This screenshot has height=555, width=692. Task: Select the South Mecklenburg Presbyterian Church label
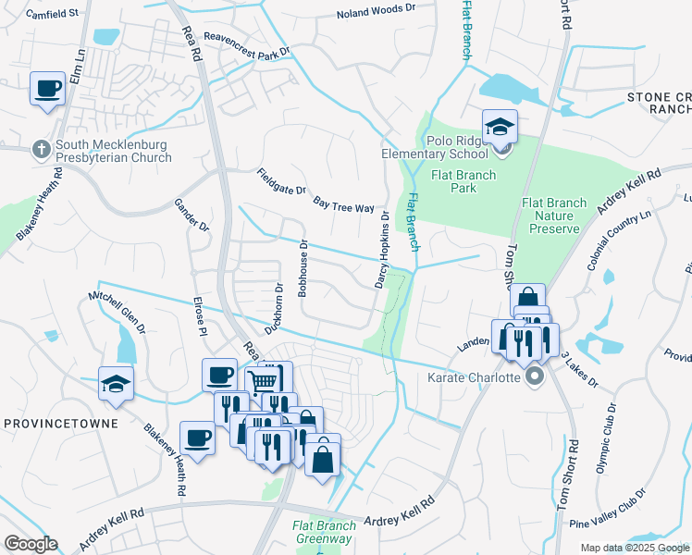pos(113,151)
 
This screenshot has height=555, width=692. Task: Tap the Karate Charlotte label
pos(472,377)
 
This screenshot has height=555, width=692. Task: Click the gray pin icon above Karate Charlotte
pos(534,377)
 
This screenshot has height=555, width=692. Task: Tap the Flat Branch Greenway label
pos(324,532)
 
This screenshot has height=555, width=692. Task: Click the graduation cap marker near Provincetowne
pos(116,384)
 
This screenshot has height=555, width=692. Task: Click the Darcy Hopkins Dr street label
pos(380,250)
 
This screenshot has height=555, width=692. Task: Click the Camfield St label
pos(53,15)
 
